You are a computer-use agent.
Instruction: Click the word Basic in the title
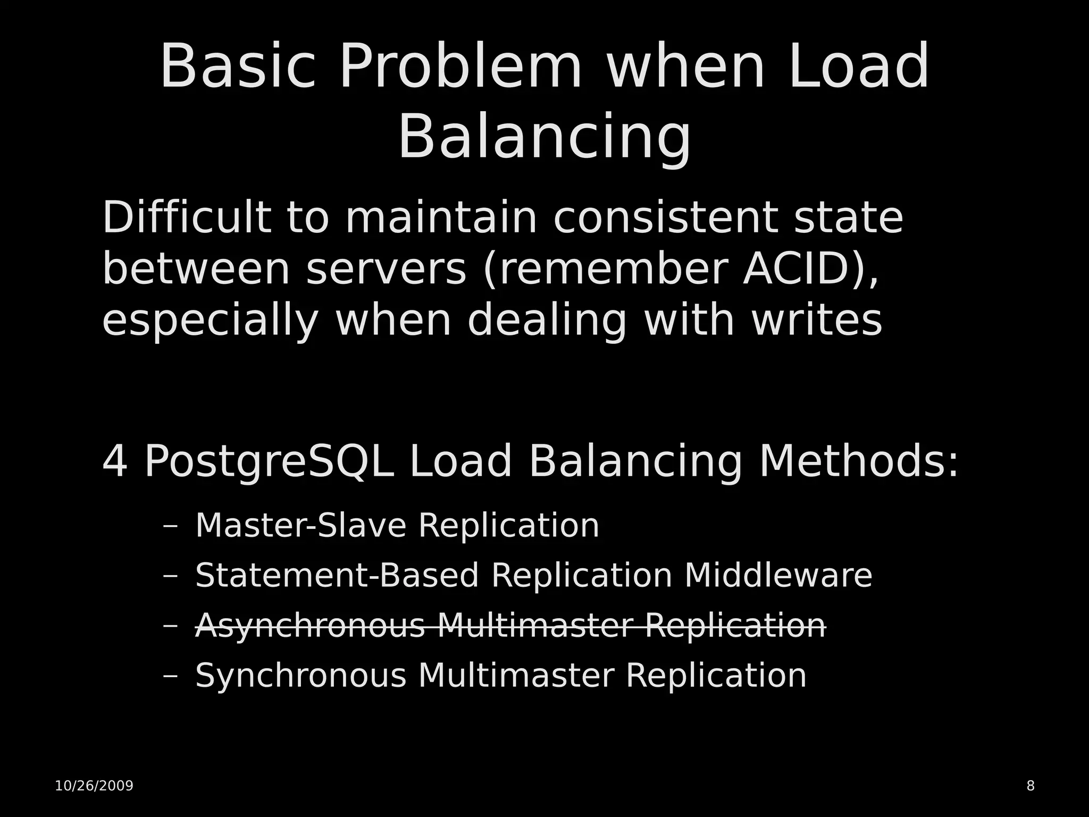237,67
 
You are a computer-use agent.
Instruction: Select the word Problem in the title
460,67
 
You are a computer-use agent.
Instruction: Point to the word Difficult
186,218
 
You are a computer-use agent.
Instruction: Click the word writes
817,321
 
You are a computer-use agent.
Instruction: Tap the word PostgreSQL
269,462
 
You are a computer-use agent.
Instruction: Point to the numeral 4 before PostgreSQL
115,461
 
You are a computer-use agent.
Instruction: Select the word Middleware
778,576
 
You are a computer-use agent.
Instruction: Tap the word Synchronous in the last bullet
300,676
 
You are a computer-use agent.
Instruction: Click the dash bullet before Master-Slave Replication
171,527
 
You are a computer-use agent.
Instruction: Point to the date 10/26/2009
94,786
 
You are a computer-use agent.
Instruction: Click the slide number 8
1031,786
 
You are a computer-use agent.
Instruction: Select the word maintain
441,218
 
